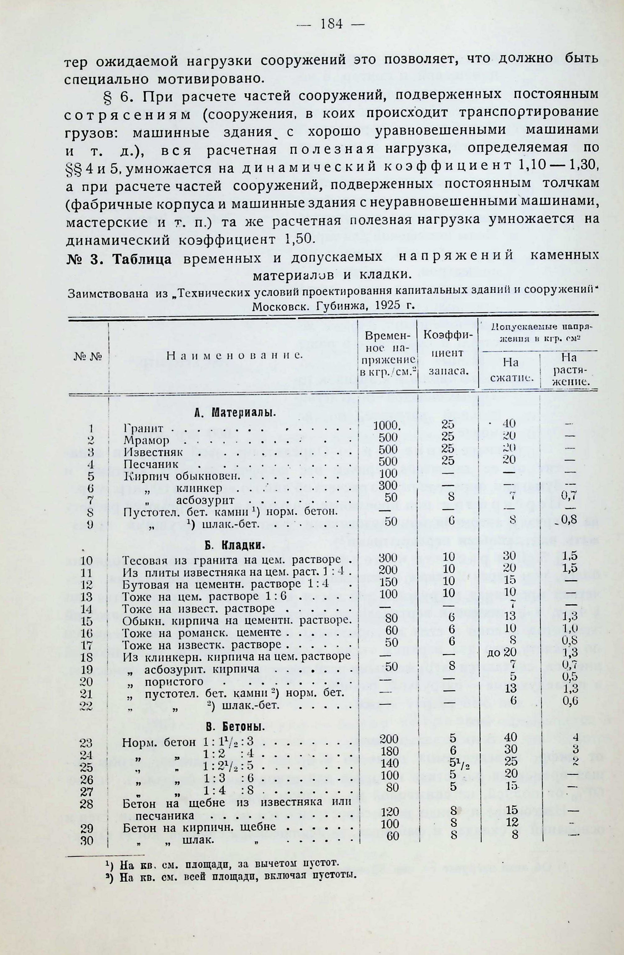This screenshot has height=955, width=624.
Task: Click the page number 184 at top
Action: [x=331, y=25]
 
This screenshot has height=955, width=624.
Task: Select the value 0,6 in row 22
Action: [x=569, y=701]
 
